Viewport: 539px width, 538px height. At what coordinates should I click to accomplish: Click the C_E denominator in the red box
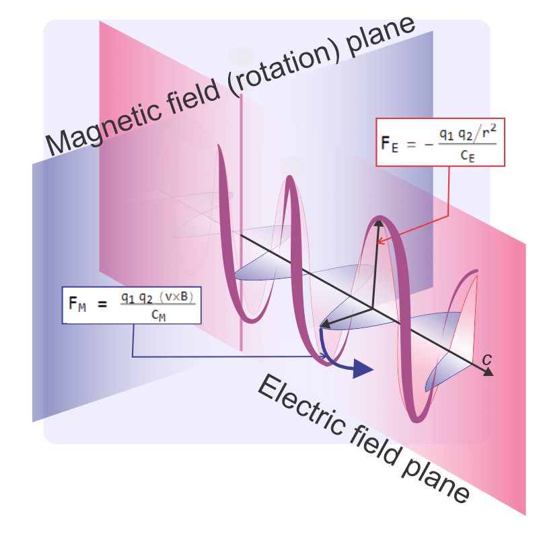pyautogui.click(x=468, y=155)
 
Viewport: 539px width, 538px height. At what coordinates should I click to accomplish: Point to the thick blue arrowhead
pyautogui.click(x=363, y=369)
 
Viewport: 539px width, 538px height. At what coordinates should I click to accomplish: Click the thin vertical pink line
pyautogui.click(x=240, y=269)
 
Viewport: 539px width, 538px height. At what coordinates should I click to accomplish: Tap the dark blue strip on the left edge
pyautogui.click(x=37, y=289)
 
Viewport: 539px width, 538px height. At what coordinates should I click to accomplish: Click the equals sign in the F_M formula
pyautogui.click(x=102, y=304)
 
